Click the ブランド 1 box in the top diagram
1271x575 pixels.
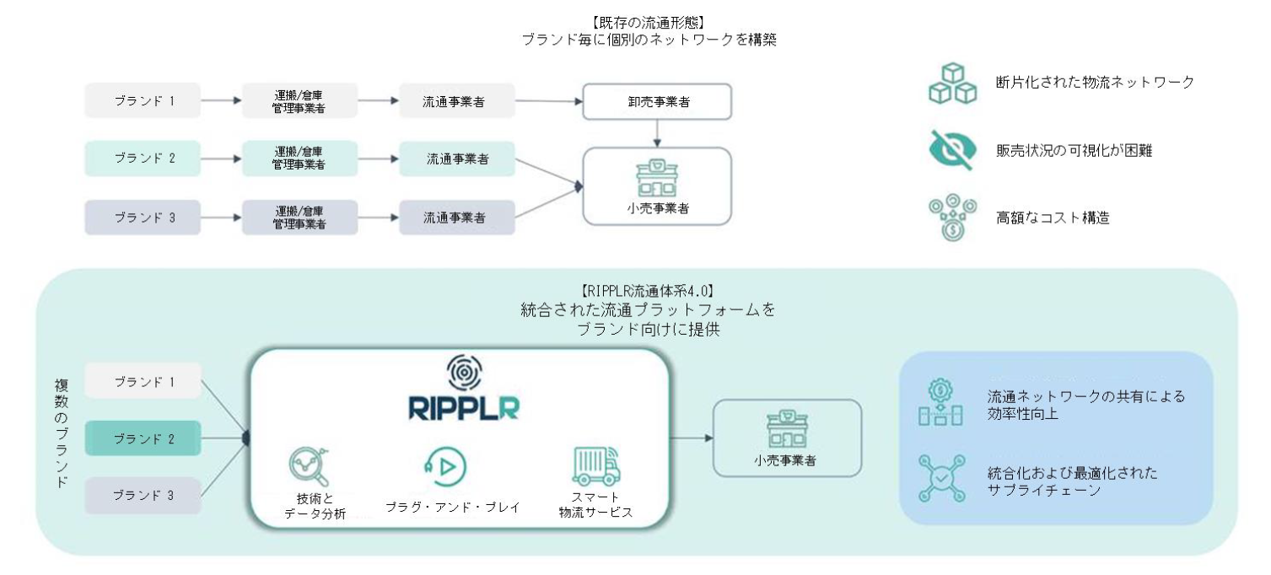[x=143, y=100]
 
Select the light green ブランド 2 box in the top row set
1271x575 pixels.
[x=143, y=158]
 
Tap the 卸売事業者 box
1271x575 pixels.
[x=658, y=101]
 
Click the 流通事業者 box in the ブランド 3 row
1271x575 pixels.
[x=455, y=217]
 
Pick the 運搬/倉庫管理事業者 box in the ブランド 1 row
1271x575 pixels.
[x=299, y=100]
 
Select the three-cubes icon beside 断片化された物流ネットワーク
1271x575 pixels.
[x=952, y=83]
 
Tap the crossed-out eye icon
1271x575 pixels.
[x=952, y=150]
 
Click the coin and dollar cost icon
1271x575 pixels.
[x=952, y=218]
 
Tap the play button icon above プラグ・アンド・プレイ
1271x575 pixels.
[x=445, y=465]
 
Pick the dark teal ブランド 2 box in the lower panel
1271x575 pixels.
[x=143, y=438]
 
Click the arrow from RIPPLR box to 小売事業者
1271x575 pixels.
[x=692, y=438]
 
